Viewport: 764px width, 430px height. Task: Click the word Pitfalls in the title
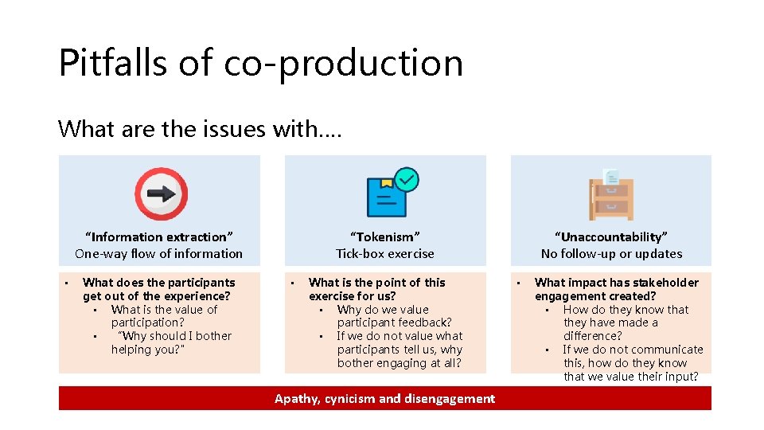tap(111, 62)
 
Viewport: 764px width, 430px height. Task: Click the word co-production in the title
tap(343, 64)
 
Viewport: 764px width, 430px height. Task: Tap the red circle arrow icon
tap(161, 193)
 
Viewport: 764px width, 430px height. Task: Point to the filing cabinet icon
tap(611, 193)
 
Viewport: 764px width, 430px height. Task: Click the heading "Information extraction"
tap(159, 236)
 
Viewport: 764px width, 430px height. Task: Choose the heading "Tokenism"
tap(385, 236)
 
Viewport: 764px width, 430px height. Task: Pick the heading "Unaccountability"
tap(611, 236)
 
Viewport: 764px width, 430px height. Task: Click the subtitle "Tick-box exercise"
tap(385, 254)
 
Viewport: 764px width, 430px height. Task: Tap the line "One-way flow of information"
tap(159, 254)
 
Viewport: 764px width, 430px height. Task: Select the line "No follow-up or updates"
tap(611, 254)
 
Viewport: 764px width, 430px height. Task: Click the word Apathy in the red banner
tap(297, 399)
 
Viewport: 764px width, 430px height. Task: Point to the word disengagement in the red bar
tap(449, 399)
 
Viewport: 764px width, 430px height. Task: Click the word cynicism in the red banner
tap(350, 399)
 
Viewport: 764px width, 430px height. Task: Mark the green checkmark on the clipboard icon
tap(407, 179)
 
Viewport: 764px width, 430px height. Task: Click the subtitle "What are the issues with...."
tap(200, 127)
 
